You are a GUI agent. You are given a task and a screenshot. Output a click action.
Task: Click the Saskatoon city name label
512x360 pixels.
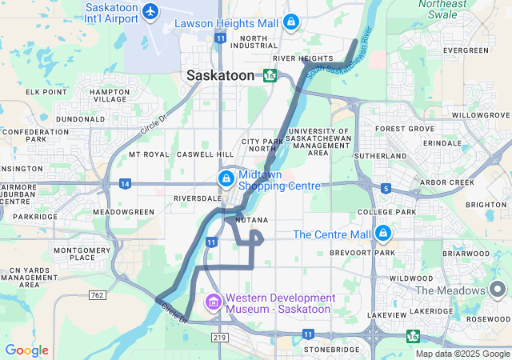tap(220, 74)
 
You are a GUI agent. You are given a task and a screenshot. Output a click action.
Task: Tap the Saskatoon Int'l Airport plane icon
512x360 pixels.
tap(150, 11)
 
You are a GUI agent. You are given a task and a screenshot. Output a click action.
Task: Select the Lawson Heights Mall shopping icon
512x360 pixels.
tap(292, 22)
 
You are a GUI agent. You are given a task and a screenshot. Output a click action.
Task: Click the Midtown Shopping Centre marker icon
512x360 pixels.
tap(226, 178)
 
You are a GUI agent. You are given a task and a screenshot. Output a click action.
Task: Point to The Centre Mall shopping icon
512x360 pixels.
tap(383, 234)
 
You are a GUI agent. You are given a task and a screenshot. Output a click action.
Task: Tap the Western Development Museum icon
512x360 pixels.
tap(214, 302)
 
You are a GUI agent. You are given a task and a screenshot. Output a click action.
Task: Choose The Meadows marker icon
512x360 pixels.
tap(500, 290)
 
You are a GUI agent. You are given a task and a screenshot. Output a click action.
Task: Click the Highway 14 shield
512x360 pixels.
tap(125, 183)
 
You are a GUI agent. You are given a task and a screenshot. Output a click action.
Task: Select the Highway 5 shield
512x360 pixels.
tap(386, 189)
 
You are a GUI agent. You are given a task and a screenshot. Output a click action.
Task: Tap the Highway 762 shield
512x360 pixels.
tap(97, 294)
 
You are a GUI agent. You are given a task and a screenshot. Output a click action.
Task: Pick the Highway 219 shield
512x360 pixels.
tap(220, 338)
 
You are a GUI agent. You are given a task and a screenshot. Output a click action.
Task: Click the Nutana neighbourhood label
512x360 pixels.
tap(251, 219)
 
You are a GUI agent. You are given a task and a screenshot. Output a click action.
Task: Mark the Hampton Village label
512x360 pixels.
tap(110, 95)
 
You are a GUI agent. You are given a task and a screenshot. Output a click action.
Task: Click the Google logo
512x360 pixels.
tap(26, 350)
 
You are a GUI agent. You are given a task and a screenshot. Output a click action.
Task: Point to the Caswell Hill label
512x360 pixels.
tap(205, 154)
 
